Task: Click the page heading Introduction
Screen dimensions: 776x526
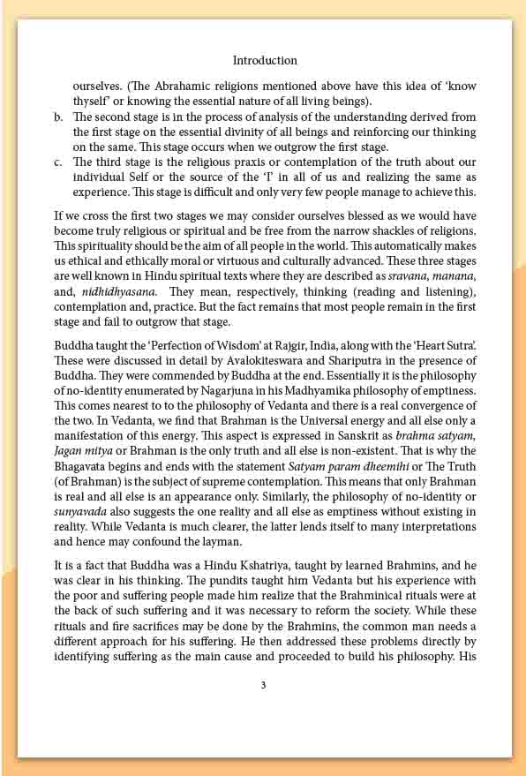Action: click(x=265, y=61)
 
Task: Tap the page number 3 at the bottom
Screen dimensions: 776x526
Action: click(x=263, y=684)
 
